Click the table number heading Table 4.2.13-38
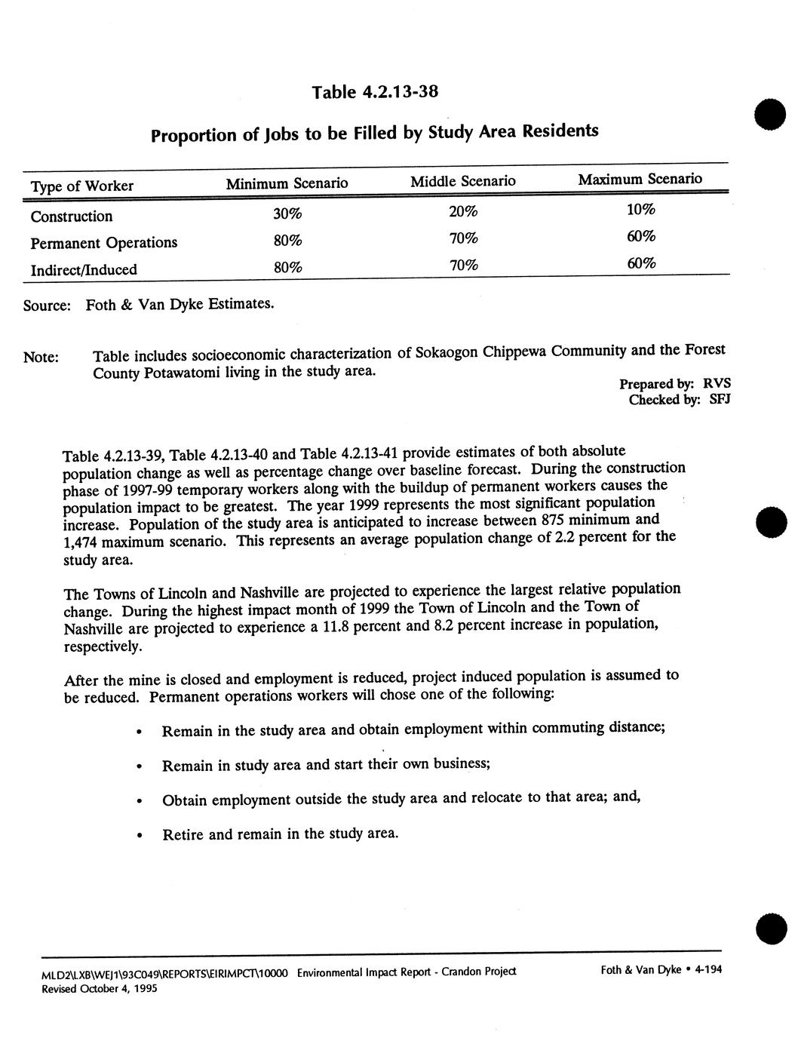pyautogui.click(x=375, y=92)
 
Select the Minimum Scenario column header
pyautogui.click(x=287, y=183)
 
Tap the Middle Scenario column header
pyautogui.click(x=463, y=181)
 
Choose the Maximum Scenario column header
pyautogui.click(x=640, y=179)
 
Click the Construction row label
pyautogui.click(x=72, y=216)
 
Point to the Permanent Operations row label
pyautogui.click(x=104, y=243)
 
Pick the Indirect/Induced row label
pyautogui.click(x=84, y=269)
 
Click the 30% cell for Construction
pyautogui.click(x=287, y=213)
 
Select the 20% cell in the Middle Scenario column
pyautogui.click(x=463, y=211)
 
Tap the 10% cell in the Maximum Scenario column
pyautogui.click(x=641, y=209)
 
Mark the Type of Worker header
pyautogui.click(x=82, y=186)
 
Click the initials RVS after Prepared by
pyautogui.click(x=717, y=382)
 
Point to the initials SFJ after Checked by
pyautogui.click(x=719, y=399)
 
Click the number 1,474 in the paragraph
pyautogui.click(x=82, y=542)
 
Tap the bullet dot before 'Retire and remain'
pyautogui.click(x=140, y=836)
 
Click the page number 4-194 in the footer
pyautogui.click(x=708, y=970)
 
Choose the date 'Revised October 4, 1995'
pyautogui.click(x=99, y=989)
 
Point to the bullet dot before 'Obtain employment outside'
pyautogui.click(x=140, y=801)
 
